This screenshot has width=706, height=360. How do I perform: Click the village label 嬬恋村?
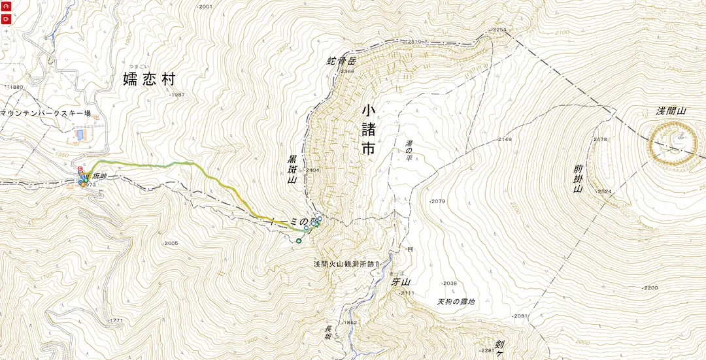coord(150,80)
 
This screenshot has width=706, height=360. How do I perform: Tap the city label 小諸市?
coord(369,130)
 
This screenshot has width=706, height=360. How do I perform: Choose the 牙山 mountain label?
coord(399,282)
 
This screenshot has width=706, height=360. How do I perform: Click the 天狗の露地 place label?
coord(456,302)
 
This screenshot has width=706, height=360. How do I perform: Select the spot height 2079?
coord(438,201)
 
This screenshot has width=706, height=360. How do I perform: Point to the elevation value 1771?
coord(116,320)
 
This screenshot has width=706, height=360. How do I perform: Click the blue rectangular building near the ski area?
coord(80,135)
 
